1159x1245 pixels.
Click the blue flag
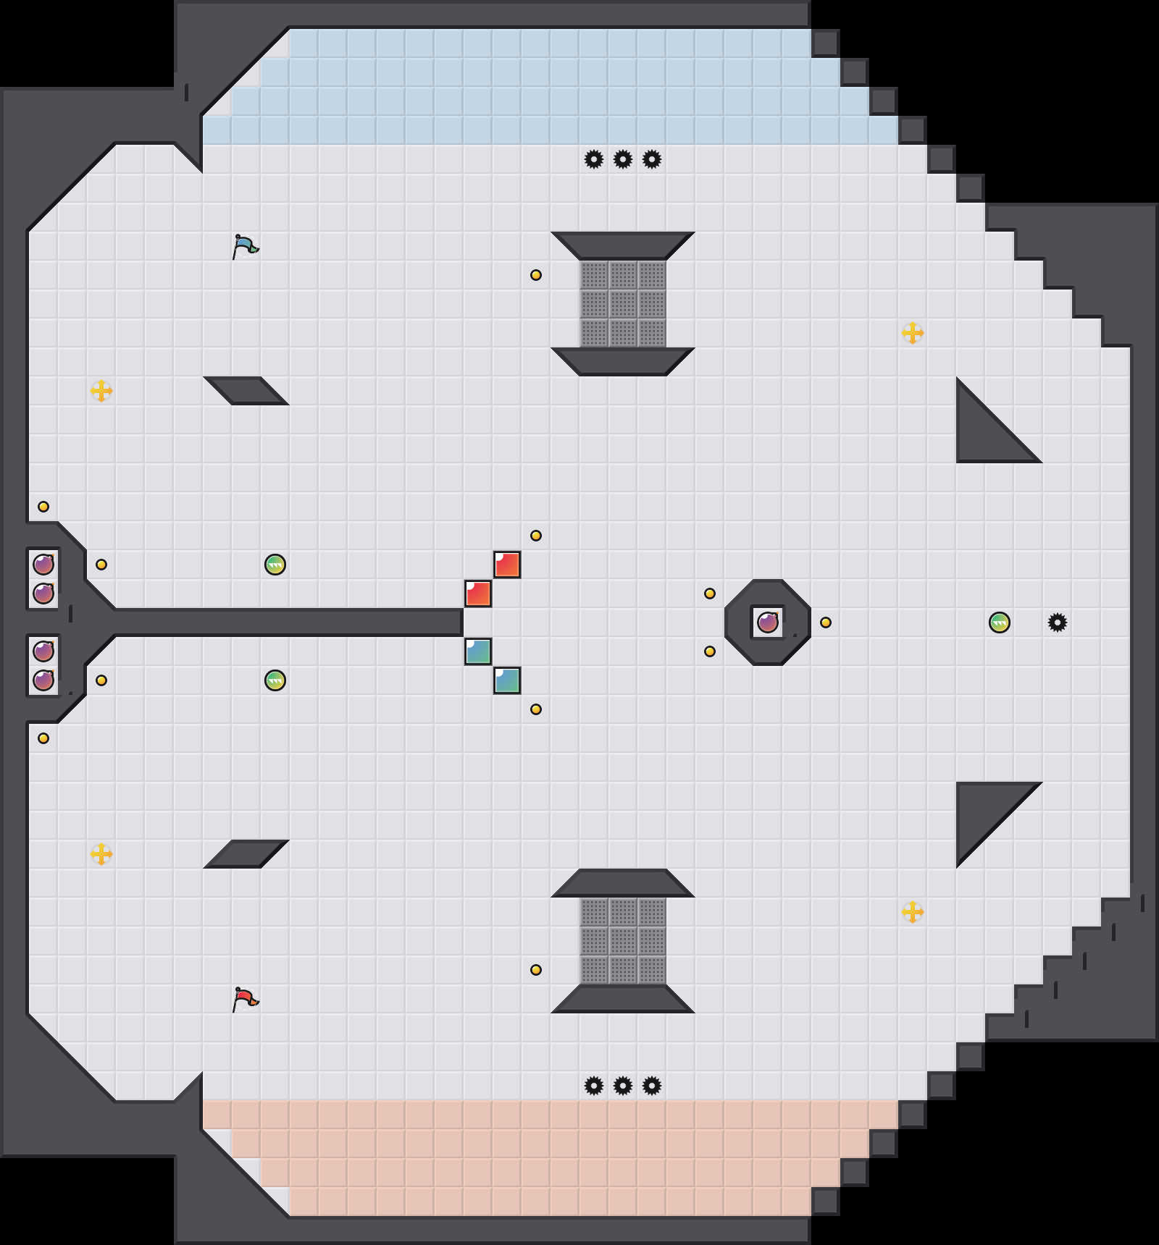pyautogui.click(x=245, y=246)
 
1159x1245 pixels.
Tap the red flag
pyautogui.click(x=245, y=999)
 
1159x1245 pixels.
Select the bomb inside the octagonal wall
pyautogui.click(x=768, y=622)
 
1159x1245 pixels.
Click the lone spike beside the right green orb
pyautogui.click(x=1058, y=622)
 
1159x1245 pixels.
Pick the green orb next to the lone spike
pyautogui.click(x=1000, y=622)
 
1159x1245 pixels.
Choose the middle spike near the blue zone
pyautogui.click(x=623, y=159)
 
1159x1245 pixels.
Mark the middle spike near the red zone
pyautogui.click(x=623, y=1086)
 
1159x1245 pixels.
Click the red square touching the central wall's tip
pyautogui.click(x=478, y=594)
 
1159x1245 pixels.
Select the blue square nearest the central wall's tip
pyautogui.click(x=478, y=651)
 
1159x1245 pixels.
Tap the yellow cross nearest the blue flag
pyautogui.click(x=101, y=391)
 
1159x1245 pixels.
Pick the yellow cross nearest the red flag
pyautogui.click(x=101, y=854)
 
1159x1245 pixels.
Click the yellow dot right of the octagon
pyautogui.click(x=826, y=622)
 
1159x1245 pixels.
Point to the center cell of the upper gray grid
pyautogui.click(x=623, y=304)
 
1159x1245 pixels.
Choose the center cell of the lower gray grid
pyautogui.click(x=623, y=941)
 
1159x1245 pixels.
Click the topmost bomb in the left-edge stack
pyautogui.click(x=43, y=564)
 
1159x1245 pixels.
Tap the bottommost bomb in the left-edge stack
pyautogui.click(x=43, y=680)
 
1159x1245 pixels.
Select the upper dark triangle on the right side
pyautogui.click(x=985, y=434)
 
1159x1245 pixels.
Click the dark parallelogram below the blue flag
pyautogui.click(x=246, y=391)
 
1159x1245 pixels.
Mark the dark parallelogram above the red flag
pyautogui.click(x=246, y=854)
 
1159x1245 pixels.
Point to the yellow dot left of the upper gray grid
pyautogui.click(x=536, y=275)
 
